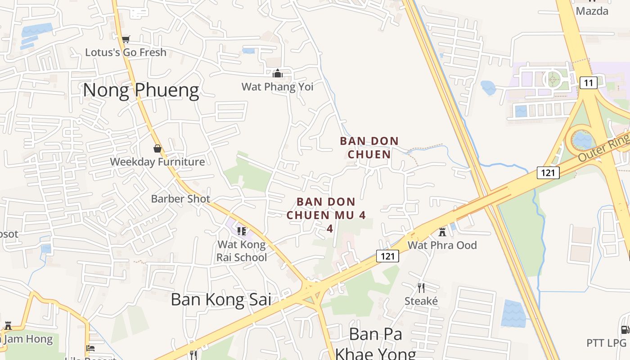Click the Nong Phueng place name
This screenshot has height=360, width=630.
tap(140, 90)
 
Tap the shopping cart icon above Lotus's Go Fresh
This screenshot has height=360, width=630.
tap(126, 40)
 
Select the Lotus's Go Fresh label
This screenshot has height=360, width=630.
tap(126, 52)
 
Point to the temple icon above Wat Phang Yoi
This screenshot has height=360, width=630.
tap(278, 73)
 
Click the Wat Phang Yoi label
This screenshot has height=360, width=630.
tap(277, 86)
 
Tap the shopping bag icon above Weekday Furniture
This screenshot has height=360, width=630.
tap(157, 148)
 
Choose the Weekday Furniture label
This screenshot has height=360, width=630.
tap(157, 162)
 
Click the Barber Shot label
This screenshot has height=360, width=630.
tap(180, 198)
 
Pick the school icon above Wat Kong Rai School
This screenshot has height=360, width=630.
tap(242, 231)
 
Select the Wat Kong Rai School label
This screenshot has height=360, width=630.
tap(242, 251)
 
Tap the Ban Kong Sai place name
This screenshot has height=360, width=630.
tap(221, 299)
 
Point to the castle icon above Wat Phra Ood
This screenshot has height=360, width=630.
tap(442, 232)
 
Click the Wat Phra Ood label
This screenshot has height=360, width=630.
tap(442, 245)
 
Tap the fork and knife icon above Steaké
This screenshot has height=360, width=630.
tap(421, 288)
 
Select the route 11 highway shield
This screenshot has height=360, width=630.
tap(588, 83)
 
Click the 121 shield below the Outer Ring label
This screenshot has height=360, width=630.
tap(548, 172)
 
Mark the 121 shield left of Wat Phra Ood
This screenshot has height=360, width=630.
tap(387, 256)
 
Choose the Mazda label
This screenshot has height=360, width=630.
tap(592, 11)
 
